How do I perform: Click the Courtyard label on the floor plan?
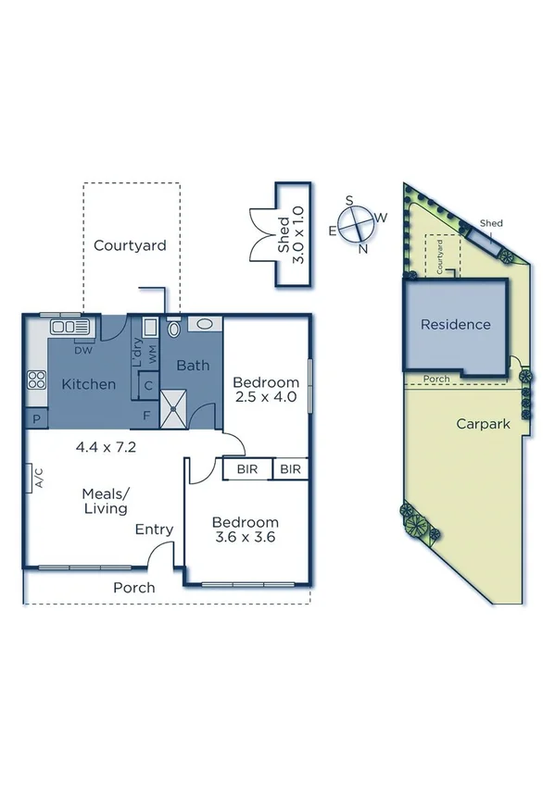130,245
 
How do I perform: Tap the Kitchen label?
89,384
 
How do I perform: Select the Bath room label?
193,366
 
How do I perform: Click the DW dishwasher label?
83,350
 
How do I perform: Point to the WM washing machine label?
152,352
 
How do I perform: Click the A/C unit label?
39,478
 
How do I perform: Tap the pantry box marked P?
37,419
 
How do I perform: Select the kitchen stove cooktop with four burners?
38,379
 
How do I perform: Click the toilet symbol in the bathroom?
174,329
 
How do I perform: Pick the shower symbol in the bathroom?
174,406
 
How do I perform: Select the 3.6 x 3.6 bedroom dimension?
246,536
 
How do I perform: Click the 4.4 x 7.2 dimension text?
106,446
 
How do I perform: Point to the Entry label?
154,530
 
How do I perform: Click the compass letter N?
362,248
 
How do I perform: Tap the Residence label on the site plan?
455,325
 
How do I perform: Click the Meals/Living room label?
106,501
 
